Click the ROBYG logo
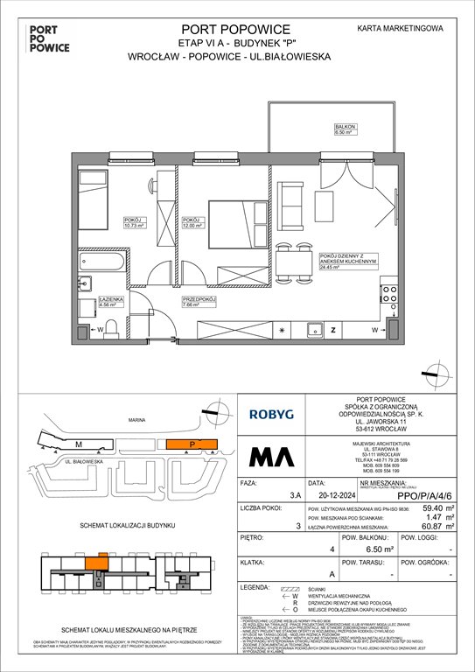tap(273, 414)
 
